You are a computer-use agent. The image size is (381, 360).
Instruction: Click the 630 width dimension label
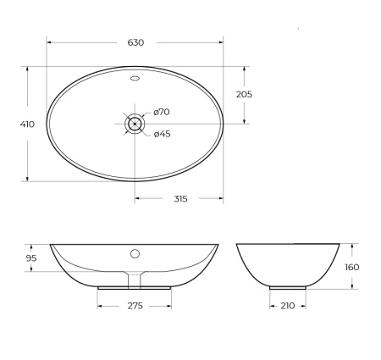click(x=135, y=42)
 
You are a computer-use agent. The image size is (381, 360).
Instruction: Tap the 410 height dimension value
click(x=27, y=124)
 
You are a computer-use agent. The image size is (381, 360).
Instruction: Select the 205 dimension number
click(x=244, y=94)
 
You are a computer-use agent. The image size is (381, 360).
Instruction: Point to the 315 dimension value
click(x=179, y=199)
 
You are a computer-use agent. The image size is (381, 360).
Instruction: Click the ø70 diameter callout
click(x=163, y=113)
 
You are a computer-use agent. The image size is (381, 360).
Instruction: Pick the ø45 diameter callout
click(x=163, y=133)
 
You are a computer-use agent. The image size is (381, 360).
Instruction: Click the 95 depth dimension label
click(x=31, y=258)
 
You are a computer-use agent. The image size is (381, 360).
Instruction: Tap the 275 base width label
click(x=135, y=305)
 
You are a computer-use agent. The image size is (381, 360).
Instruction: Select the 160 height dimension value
click(x=352, y=267)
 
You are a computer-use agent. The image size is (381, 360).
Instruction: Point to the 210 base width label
click(x=287, y=305)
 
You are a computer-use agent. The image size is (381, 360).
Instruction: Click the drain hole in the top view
click(x=135, y=124)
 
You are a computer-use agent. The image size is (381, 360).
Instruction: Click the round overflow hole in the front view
click(x=135, y=253)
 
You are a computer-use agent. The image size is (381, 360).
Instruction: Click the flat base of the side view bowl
click(x=288, y=286)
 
